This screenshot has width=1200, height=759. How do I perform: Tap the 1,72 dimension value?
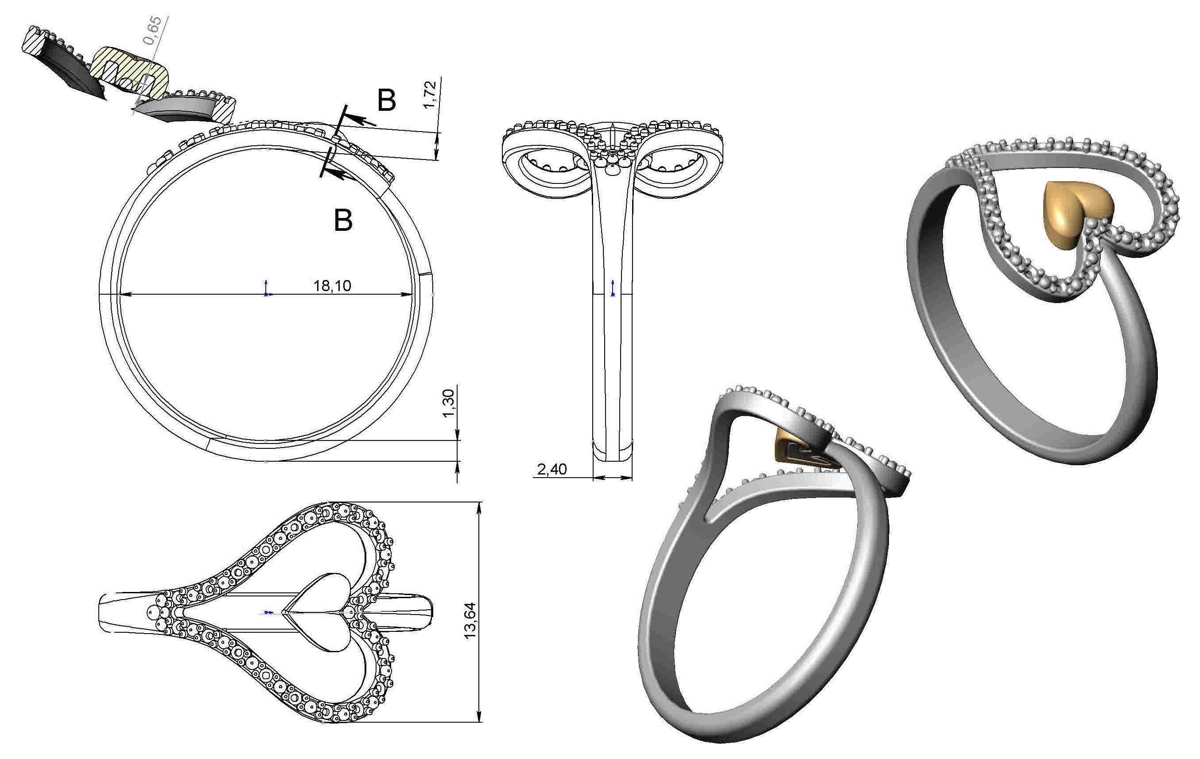tap(429, 94)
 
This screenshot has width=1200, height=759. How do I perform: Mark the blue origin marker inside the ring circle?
tap(267, 289)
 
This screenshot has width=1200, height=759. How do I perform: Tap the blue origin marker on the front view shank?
tap(613, 288)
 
